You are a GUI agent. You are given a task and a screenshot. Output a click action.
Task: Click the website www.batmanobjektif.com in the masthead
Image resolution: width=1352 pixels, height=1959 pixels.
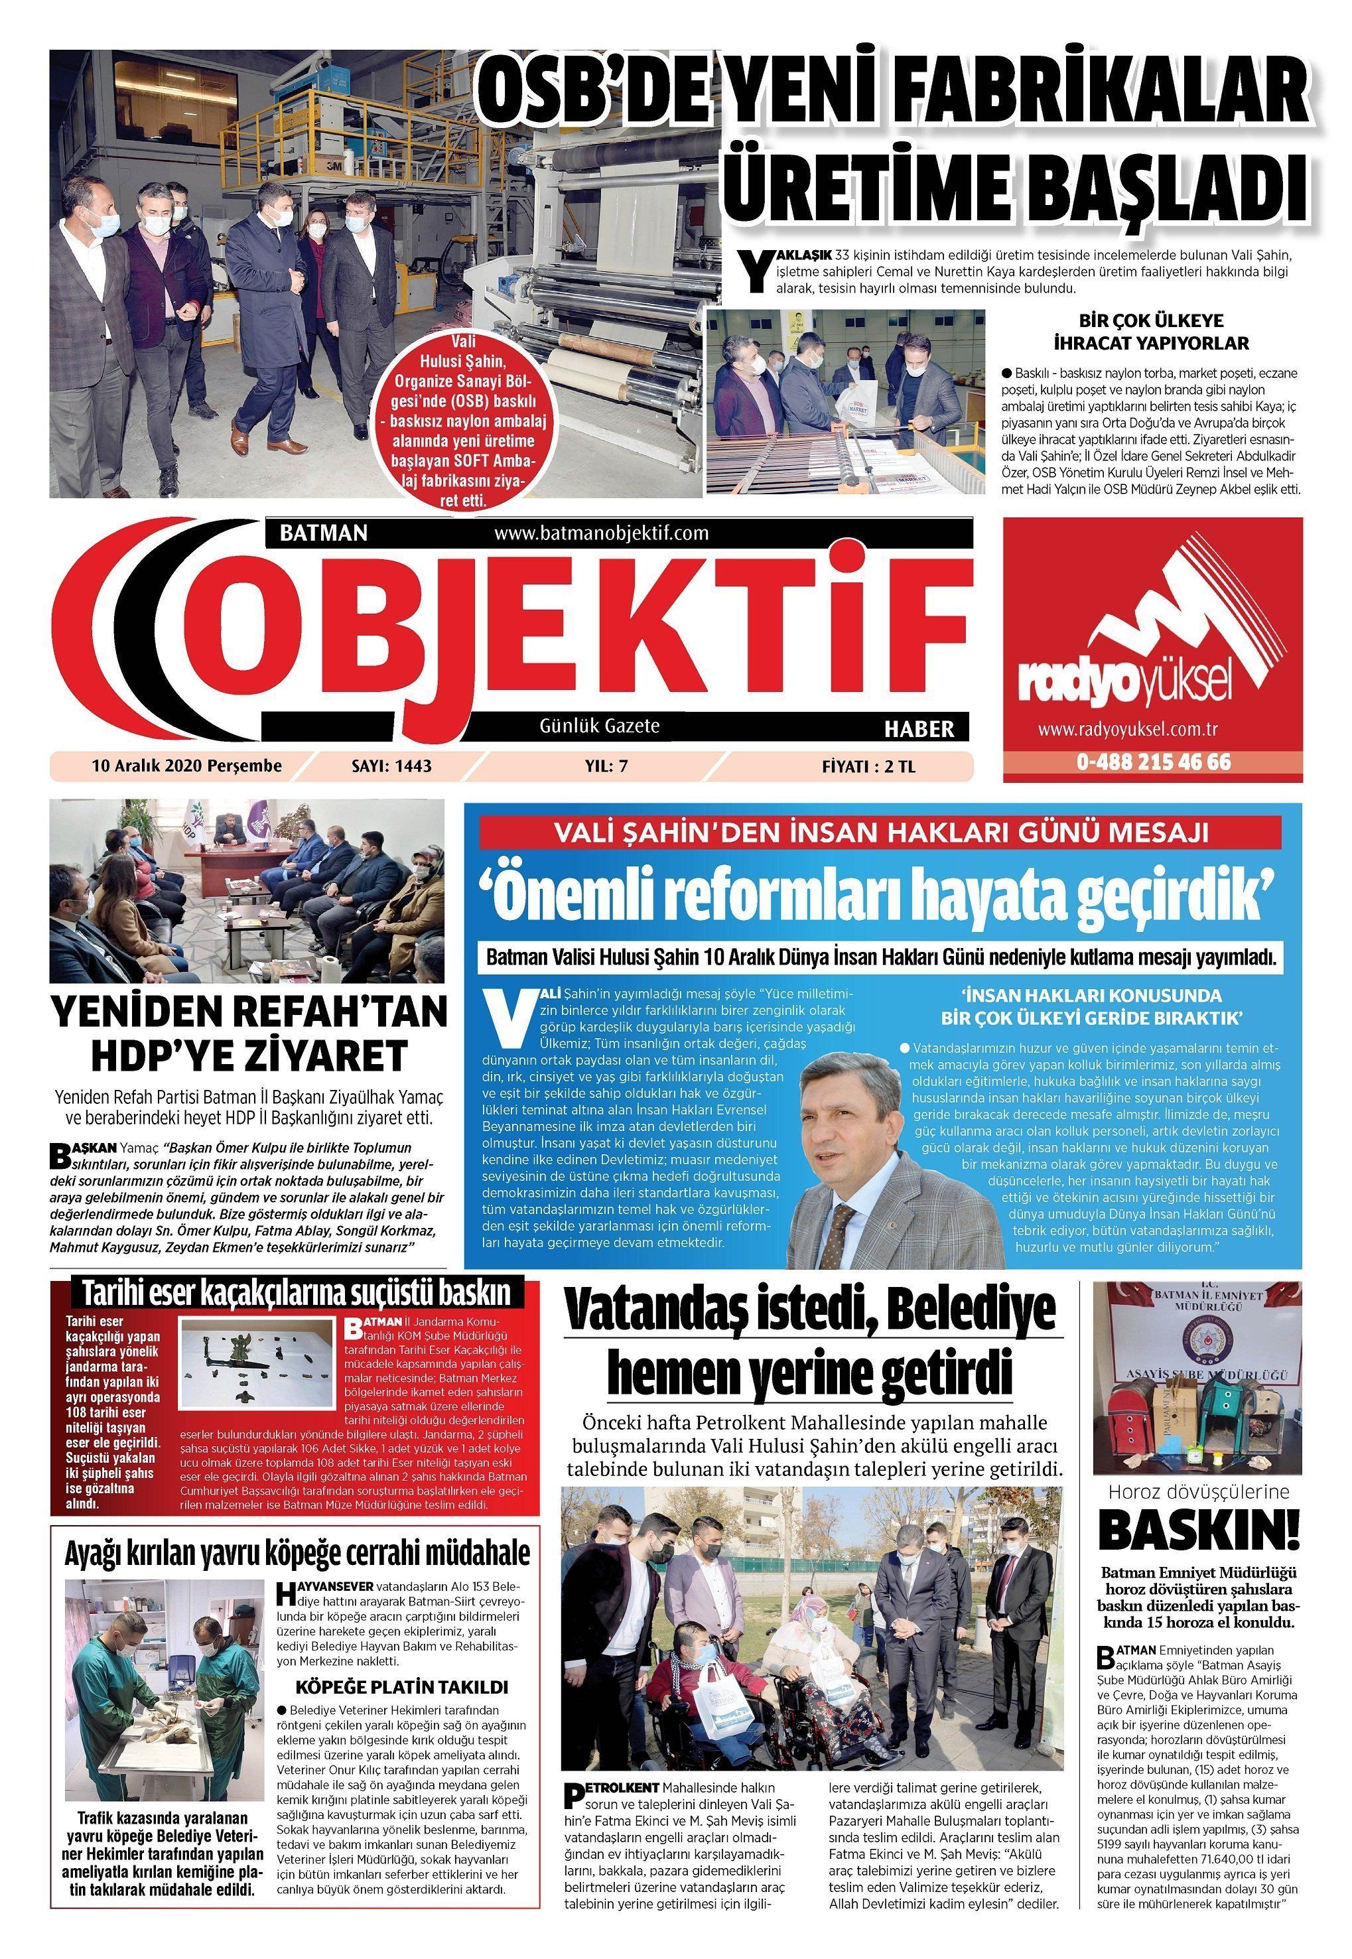[x=600, y=533]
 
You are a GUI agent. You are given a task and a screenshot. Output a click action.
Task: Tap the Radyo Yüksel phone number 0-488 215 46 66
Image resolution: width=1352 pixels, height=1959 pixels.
[x=1153, y=762]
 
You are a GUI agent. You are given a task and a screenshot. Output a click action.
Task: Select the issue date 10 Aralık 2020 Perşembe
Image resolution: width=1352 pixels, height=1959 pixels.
[x=186, y=766]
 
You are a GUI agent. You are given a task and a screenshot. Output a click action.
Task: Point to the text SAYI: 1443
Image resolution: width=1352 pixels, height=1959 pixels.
[x=391, y=766]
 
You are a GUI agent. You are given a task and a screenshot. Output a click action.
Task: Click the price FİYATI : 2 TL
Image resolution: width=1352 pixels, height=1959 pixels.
[x=868, y=768]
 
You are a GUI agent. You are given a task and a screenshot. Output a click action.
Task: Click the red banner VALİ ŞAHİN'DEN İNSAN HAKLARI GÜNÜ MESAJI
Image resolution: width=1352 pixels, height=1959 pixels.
[x=882, y=833]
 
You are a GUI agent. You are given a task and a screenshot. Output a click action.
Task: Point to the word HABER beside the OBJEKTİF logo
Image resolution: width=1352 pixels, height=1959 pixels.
[x=919, y=728]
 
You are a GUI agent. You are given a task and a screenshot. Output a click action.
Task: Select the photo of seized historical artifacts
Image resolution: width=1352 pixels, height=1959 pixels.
[x=258, y=1359]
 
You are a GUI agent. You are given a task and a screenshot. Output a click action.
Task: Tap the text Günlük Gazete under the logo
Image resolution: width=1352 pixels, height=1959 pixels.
[x=599, y=726]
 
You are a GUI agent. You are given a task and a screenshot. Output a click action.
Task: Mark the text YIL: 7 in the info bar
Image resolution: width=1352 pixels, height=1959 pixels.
[x=606, y=766]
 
